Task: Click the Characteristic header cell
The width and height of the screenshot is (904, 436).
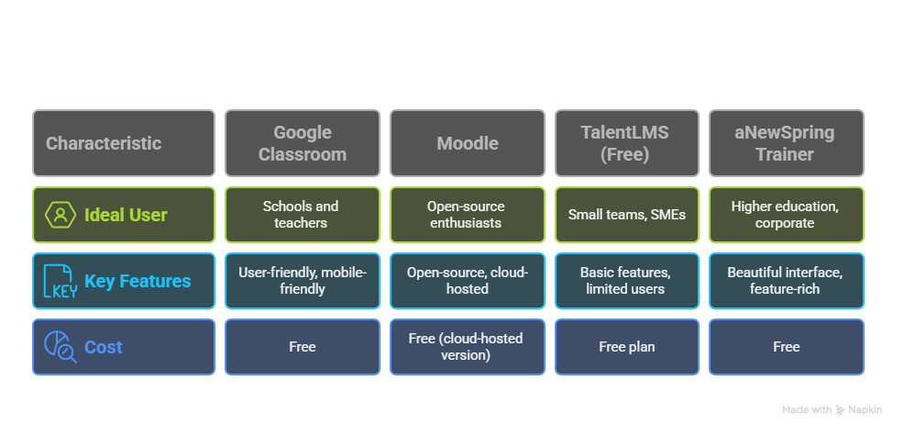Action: (x=123, y=143)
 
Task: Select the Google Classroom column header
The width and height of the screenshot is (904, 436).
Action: (x=303, y=143)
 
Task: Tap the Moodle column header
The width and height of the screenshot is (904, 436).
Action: (x=468, y=143)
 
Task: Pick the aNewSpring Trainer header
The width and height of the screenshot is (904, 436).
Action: (x=786, y=143)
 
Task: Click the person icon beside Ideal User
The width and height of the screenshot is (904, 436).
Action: (x=61, y=215)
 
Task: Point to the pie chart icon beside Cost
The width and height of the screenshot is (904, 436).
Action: (x=61, y=347)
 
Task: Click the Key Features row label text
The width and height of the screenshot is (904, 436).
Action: (x=138, y=281)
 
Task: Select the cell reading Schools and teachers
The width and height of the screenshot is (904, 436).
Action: (x=303, y=215)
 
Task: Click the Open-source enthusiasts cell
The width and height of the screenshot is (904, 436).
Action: (x=468, y=215)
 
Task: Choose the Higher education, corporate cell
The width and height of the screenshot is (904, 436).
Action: (x=786, y=215)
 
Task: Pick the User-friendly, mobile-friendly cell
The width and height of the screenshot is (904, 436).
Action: (x=303, y=281)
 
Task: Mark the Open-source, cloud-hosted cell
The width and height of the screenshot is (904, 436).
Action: (x=468, y=281)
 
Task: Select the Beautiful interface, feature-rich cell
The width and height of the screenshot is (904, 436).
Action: (x=786, y=281)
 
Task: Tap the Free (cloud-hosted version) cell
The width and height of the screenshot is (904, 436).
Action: (x=468, y=347)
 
